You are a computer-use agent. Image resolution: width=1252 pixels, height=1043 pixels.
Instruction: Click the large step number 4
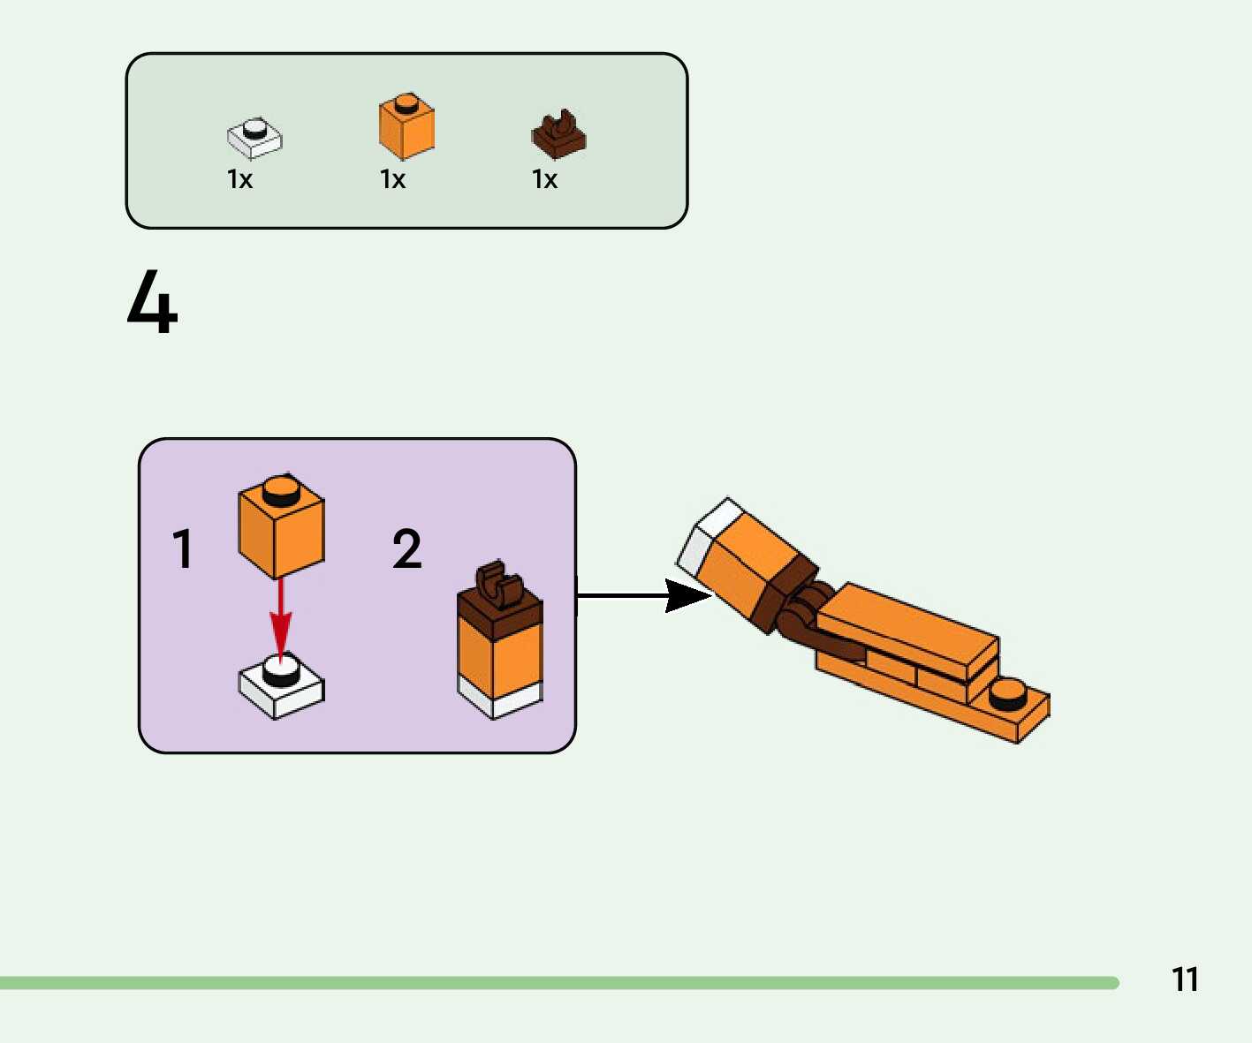(x=152, y=302)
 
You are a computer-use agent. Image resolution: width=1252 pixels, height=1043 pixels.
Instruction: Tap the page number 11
(x=1185, y=979)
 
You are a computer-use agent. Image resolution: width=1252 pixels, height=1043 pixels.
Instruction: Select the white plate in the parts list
(x=254, y=138)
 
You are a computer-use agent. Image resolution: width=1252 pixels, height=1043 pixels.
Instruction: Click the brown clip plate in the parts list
(x=558, y=135)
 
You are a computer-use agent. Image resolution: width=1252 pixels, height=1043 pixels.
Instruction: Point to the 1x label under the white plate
(x=239, y=180)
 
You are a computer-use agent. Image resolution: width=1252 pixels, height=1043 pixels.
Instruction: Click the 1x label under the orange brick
(x=392, y=180)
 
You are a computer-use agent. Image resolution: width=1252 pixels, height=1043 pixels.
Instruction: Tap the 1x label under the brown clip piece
(x=544, y=180)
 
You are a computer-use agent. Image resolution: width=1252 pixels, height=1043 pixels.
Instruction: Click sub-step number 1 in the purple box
(x=182, y=549)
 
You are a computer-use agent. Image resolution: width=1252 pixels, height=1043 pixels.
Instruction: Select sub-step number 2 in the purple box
(x=406, y=549)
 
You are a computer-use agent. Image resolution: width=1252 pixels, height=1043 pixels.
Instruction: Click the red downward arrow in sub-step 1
(x=280, y=618)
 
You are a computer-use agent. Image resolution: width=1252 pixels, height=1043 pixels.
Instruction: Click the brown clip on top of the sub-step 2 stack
(x=500, y=585)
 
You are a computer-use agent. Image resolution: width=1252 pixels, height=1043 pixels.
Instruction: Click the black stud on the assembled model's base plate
(x=1006, y=696)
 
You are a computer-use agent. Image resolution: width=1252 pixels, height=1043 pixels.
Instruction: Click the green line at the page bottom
(x=557, y=983)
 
